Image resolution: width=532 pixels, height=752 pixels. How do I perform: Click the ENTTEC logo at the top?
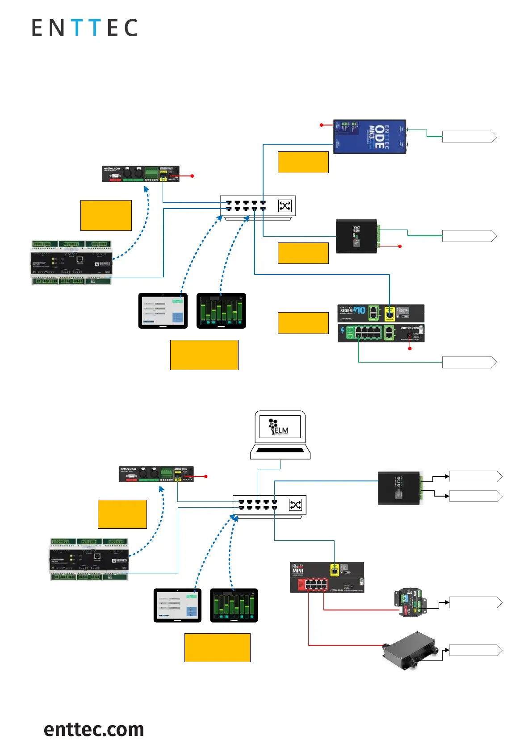pyautogui.click(x=84, y=28)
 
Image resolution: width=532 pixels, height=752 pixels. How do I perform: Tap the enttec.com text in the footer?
pyautogui.click(x=94, y=729)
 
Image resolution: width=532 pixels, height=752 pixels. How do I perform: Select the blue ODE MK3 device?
pyautogui.click(x=369, y=136)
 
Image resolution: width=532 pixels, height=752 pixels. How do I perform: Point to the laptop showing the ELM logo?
pyautogui.click(x=280, y=435)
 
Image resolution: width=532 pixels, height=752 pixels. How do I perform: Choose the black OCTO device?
pyautogui.click(x=400, y=488)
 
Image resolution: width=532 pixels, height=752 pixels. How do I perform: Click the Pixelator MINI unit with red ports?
pyautogui.click(x=327, y=577)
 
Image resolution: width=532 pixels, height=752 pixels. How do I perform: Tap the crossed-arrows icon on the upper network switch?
pyautogui.click(x=285, y=206)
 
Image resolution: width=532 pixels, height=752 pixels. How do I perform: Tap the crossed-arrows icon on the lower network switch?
pyautogui.click(x=296, y=505)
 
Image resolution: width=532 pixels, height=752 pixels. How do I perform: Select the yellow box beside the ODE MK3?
pyautogui.click(x=303, y=162)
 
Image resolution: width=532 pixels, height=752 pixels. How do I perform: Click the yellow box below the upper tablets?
pyautogui.click(x=204, y=355)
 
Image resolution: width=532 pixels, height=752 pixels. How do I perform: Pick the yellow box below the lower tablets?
pyautogui.click(x=217, y=648)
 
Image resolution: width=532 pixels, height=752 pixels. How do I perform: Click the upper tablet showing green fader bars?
pyautogui.click(x=221, y=311)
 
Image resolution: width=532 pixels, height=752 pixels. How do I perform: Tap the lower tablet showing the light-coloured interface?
pyautogui.click(x=177, y=605)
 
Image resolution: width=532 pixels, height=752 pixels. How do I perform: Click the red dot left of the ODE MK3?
pyautogui.click(x=321, y=125)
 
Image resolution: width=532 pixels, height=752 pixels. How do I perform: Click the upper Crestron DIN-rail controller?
pyautogui.click(x=71, y=263)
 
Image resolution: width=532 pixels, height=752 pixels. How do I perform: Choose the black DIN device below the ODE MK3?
pyautogui.click(x=357, y=236)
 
